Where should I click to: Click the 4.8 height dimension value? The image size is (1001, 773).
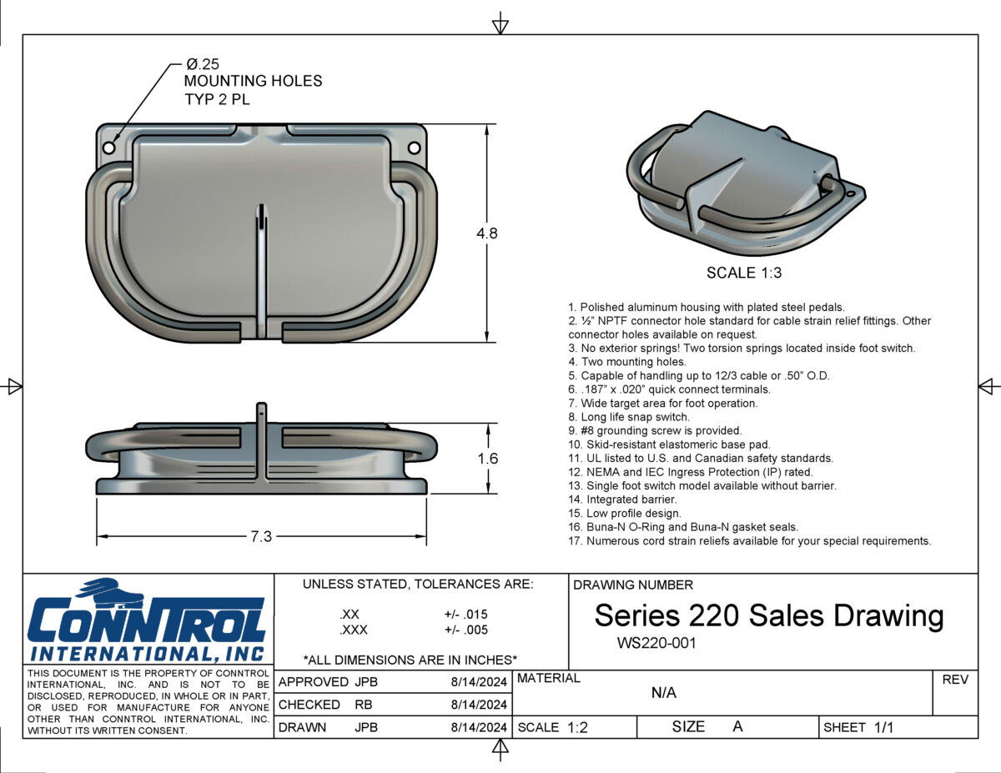point(486,233)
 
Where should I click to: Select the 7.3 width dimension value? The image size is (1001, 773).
point(261,536)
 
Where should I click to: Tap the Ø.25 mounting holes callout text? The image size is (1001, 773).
point(252,82)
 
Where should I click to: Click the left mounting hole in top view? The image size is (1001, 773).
point(108,147)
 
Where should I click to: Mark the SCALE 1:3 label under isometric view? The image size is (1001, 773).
point(743,273)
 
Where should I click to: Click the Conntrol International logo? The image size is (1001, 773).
point(147,621)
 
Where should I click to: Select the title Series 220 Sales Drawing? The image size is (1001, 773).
point(768,615)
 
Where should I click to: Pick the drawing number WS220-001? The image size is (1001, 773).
point(656,643)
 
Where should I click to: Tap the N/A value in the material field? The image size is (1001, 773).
point(663,693)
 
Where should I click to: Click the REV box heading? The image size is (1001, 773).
point(954,680)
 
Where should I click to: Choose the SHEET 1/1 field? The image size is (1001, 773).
point(858,727)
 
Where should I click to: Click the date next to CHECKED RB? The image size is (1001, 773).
point(479,705)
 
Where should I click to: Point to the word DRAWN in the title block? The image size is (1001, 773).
point(302,727)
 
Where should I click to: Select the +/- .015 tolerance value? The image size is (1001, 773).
point(465,615)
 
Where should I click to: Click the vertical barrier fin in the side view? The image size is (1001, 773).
point(261,438)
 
